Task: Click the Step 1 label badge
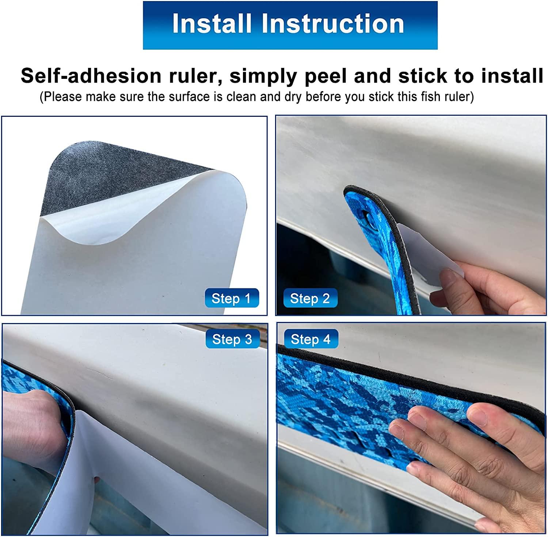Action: click(231, 298)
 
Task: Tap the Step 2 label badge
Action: click(310, 298)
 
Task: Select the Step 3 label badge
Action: click(232, 339)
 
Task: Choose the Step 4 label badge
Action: click(311, 339)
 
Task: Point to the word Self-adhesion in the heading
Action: click(91, 76)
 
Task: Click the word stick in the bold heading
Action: click(423, 76)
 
